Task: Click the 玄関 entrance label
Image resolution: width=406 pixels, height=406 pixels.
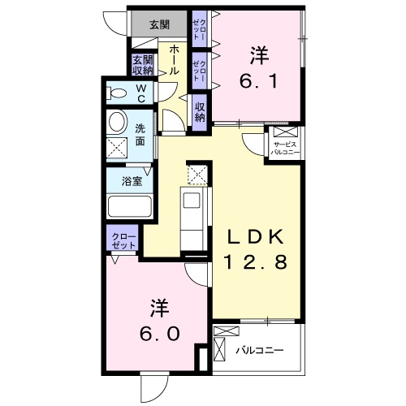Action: (x=159, y=24)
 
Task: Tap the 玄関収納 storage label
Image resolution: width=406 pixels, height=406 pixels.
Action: (x=143, y=65)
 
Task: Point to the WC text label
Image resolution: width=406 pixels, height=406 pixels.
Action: (x=140, y=93)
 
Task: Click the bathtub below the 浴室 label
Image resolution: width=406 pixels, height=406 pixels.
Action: (x=130, y=206)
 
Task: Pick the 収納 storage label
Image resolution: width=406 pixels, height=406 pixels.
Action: (x=200, y=109)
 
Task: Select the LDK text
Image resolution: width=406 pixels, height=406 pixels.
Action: (x=254, y=236)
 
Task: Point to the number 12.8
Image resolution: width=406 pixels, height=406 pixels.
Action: (x=254, y=262)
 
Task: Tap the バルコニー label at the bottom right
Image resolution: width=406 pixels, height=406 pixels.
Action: (x=259, y=351)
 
